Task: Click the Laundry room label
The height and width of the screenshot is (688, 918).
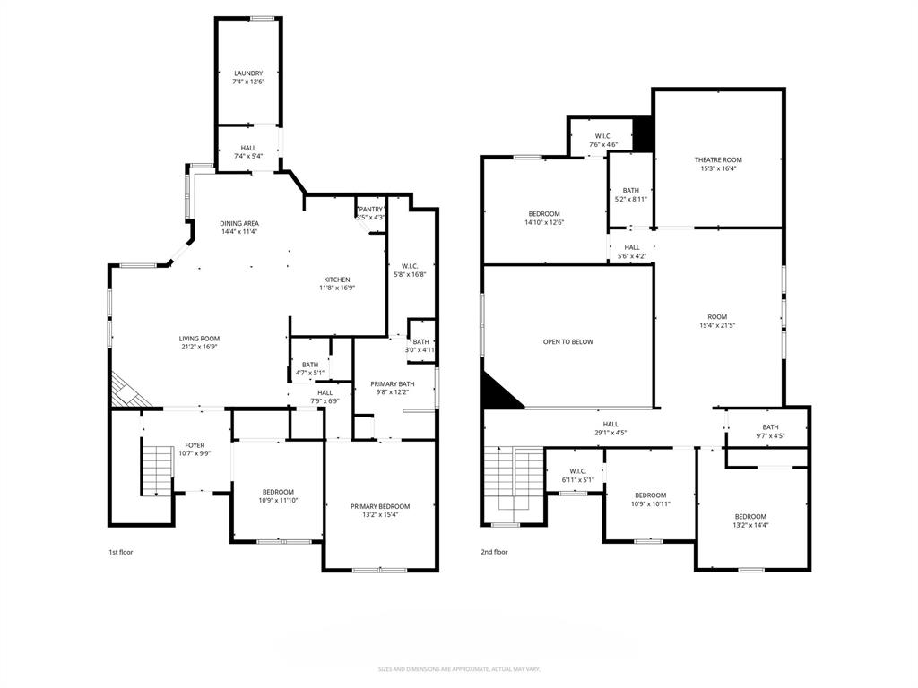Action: click(x=248, y=73)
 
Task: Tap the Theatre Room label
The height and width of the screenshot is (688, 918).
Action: click(x=718, y=159)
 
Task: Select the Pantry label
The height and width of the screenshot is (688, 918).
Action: click(x=370, y=209)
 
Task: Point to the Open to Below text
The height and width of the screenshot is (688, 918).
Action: click(x=567, y=341)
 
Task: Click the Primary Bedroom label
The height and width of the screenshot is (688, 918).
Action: click(x=380, y=506)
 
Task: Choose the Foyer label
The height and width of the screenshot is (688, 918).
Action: click(x=195, y=445)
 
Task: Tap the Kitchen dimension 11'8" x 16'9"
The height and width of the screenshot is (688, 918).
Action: click(x=337, y=288)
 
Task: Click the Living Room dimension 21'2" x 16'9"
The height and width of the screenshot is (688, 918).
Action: click(x=199, y=347)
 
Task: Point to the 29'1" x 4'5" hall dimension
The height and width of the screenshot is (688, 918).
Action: click(x=611, y=433)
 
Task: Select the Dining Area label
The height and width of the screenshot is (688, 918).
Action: click(x=239, y=223)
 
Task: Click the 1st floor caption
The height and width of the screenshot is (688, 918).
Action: click(x=120, y=552)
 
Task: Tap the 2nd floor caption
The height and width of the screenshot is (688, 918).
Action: click(x=494, y=552)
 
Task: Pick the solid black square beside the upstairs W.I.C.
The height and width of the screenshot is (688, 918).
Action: click(x=643, y=134)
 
